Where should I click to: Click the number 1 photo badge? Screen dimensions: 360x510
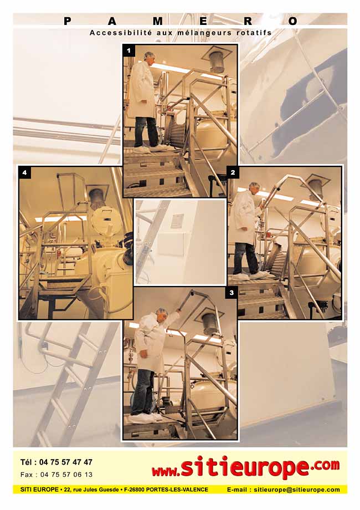pos(129,51)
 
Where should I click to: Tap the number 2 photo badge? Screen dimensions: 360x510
pos(233,172)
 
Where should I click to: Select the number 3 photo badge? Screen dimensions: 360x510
pos(232,293)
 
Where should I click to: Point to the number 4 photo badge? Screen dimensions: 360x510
pos(25,173)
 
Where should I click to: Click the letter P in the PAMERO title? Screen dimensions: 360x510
pos(67,22)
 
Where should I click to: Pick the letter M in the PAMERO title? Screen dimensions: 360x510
pos(158,22)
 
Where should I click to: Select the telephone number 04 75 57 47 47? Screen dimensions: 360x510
pos(66,462)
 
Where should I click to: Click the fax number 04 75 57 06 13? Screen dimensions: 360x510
pos(66,475)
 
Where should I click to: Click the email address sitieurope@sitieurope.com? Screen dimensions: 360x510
pos(297,489)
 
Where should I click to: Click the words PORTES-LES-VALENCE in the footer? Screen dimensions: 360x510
pos(177,489)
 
